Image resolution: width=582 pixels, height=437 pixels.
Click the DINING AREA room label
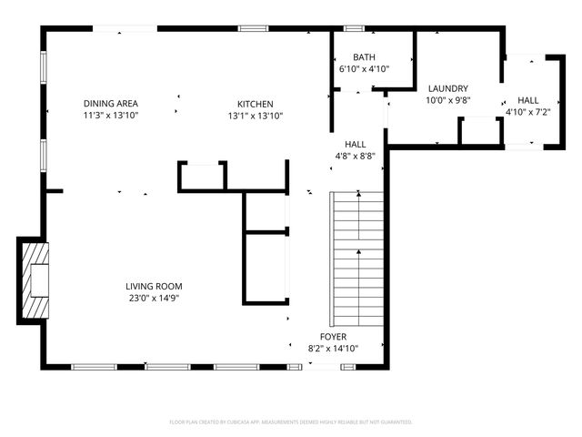tap(111, 104)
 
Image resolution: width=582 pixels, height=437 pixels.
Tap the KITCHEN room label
tap(256, 104)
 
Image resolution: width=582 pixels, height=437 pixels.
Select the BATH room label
tap(351, 56)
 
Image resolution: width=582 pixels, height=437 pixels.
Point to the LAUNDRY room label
tap(447, 88)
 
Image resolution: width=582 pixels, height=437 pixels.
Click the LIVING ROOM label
tap(154, 286)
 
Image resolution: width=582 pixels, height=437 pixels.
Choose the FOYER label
tap(333, 336)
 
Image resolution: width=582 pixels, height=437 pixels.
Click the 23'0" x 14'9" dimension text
tap(154, 298)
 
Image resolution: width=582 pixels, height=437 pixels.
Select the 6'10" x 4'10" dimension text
tap(351, 68)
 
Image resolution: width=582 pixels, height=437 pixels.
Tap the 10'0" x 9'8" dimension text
tap(447, 100)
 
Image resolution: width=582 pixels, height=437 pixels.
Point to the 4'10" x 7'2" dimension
tap(527, 111)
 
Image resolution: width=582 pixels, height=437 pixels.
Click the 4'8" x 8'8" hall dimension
tap(356, 156)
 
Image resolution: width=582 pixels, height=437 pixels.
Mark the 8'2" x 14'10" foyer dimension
tap(333, 348)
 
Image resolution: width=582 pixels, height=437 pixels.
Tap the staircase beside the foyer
tap(359, 259)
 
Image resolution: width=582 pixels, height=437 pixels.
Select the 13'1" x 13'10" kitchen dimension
tap(256, 116)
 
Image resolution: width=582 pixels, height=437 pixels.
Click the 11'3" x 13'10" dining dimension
tap(111, 116)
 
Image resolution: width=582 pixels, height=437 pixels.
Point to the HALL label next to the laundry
tap(527, 99)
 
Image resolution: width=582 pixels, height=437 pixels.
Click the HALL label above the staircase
tap(356, 144)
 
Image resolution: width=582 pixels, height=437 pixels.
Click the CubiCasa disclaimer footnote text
tap(291, 422)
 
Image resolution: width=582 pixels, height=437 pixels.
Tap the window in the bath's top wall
tap(354, 28)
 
